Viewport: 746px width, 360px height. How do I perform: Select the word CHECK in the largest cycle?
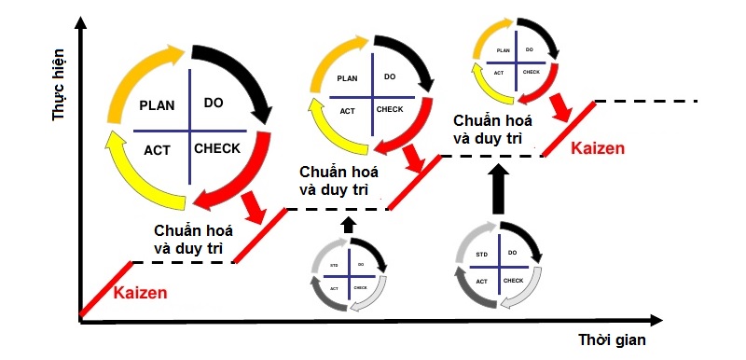(217, 148)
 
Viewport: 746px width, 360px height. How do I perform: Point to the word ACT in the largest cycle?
(158, 148)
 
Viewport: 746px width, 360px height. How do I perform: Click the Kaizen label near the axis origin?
(140, 293)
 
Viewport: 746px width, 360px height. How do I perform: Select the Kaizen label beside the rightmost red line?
(598, 148)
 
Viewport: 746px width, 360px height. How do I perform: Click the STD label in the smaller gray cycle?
(335, 267)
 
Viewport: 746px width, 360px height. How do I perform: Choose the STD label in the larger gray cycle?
(482, 254)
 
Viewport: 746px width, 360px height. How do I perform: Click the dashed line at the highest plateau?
(646, 100)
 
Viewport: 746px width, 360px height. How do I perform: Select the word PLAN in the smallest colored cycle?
(503, 50)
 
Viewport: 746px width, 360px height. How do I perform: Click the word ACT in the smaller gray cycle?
(335, 287)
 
